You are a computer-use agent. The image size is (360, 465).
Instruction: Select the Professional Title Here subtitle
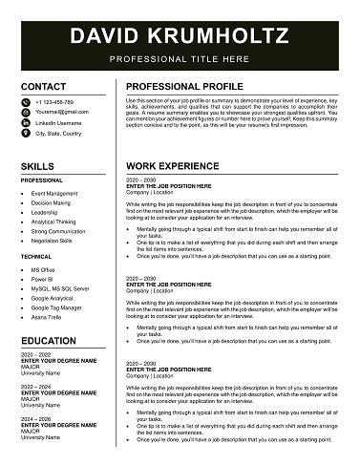click(180, 58)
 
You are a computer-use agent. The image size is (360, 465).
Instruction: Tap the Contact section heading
click(43, 87)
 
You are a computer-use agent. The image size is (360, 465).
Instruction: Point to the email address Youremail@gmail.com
click(62, 112)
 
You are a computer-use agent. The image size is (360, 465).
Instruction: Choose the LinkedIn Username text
click(60, 123)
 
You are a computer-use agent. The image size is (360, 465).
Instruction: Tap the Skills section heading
click(36, 166)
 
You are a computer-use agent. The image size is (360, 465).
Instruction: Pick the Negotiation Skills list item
click(57, 241)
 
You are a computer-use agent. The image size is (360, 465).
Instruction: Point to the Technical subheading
click(36, 257)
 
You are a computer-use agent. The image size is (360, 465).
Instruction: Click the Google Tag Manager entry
click(56, 307)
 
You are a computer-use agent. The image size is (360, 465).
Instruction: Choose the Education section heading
click(49, 339)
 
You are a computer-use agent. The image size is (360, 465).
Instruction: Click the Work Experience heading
click(173, 166)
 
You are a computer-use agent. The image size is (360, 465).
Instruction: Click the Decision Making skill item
click(51, 202)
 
